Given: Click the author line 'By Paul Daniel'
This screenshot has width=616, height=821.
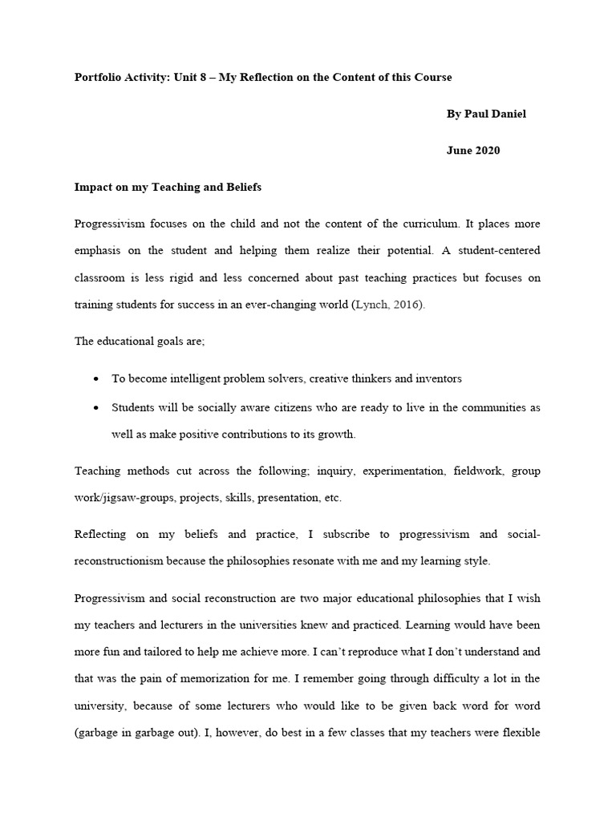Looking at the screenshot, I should coord(486,114).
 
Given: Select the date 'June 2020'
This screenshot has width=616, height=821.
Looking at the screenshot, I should coord(473,151).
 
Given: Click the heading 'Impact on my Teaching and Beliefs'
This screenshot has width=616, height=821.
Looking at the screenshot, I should coord(168,188).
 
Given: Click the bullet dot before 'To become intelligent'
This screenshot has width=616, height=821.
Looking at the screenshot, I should coord(96,378).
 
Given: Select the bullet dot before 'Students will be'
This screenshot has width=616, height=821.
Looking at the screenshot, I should coord(96,408).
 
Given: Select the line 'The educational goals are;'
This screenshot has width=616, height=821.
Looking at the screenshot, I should coord(140,342).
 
